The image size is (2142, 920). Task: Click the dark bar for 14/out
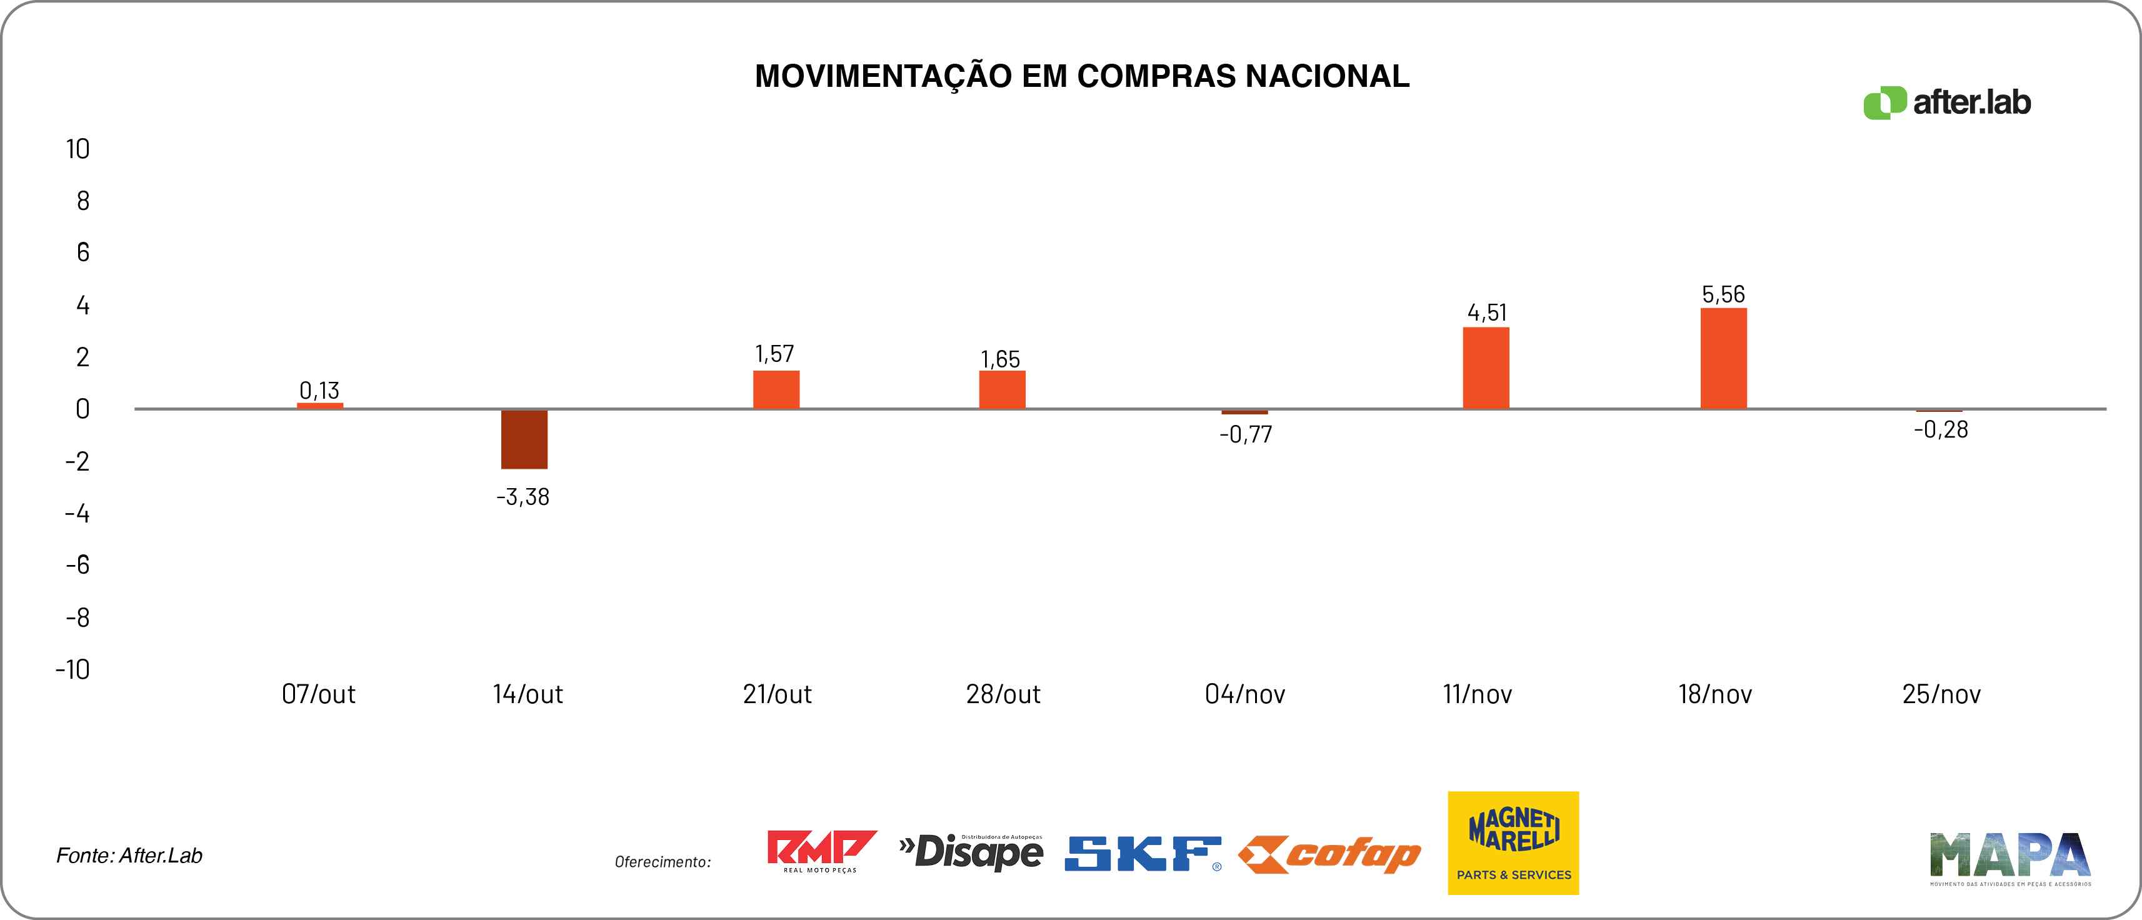(x=524, y=439)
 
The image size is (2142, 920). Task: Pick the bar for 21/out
(x=776, y=389)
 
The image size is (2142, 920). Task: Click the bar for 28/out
(x=1002, y=389)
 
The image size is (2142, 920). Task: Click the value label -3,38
(x=523, y=497)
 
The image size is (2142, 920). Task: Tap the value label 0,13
(x=319, y=390)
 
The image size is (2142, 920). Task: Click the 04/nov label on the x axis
(x=1245, y=694)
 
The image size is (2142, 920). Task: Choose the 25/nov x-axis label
(x=1941, y=694)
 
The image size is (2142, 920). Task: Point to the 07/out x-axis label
(x=319, y=694)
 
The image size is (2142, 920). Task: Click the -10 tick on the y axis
(x=73, y=669)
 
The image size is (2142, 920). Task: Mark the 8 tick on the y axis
(x=83, y=201)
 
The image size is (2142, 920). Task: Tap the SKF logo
(x=1143, y=854)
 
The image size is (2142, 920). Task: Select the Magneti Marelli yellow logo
(x=1513, y=842)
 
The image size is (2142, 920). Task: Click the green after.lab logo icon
(x=1883, y=103)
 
